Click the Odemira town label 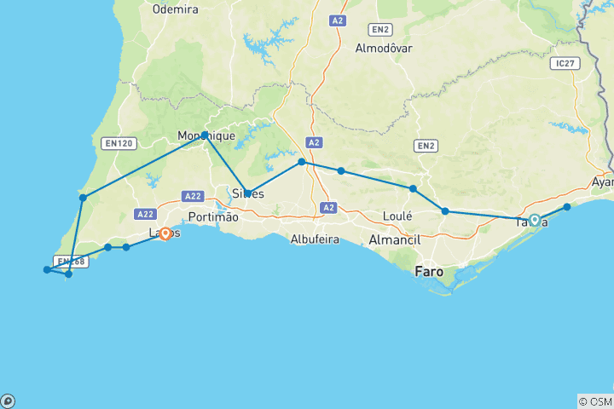pos(175,9)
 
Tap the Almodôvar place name pos(384,48)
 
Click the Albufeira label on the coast pos(315,239)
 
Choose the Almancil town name pos(397,241)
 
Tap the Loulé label pos(397,216)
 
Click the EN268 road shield pos(69,262)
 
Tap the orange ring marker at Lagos pos(165,233)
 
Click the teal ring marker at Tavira pos(535,220)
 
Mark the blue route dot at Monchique pos(205,135)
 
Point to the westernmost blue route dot pos(47,270)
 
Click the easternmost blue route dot pos(567,207)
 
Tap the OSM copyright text pos(594,401)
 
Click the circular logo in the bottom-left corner pos(8,400)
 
